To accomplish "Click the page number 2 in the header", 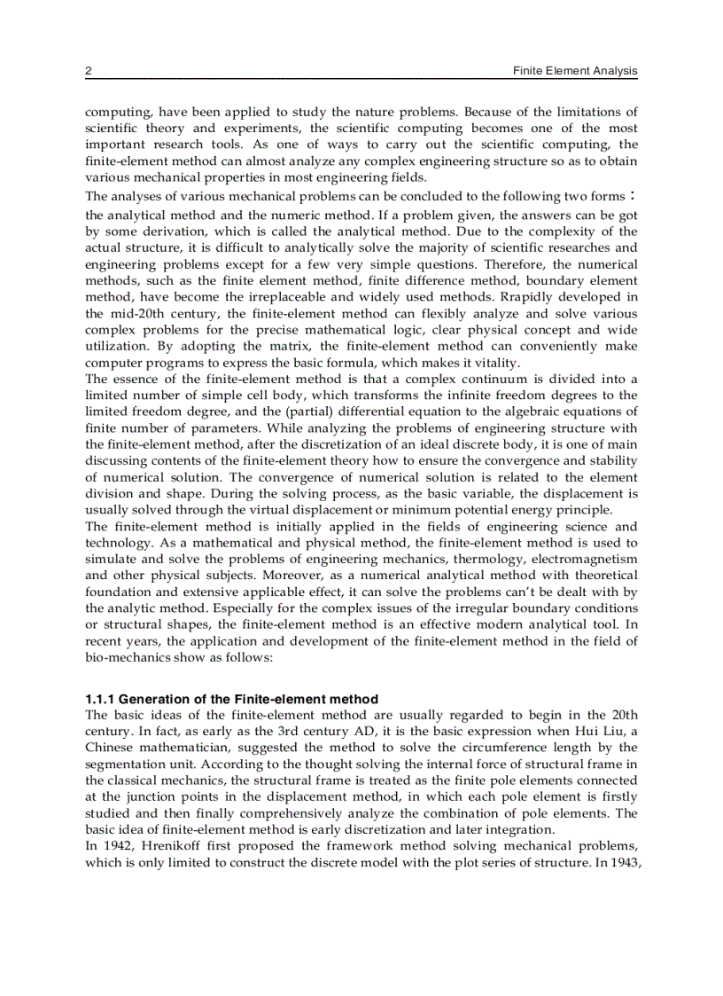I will (89, 71).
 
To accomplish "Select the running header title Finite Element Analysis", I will (575, 71).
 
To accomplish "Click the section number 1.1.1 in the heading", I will (101, 699).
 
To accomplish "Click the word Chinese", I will (109, 748).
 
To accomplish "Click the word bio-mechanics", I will (121, 657).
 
